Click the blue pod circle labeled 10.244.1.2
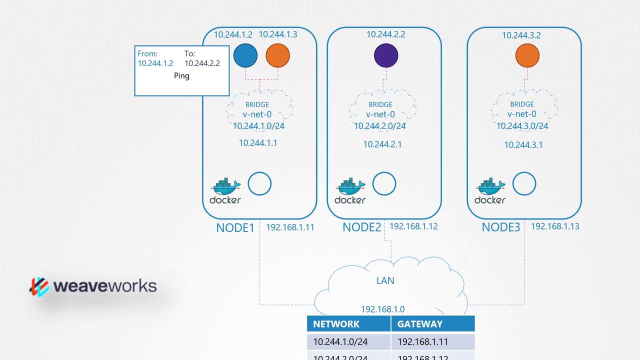click(245, 55)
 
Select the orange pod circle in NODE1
click(278, 55)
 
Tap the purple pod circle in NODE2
click(386, 55)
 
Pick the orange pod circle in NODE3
click(527, 55)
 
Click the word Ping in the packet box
click(181, 76)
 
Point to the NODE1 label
click(235, 228)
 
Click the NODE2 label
click(361, 227)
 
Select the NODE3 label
click(501, 227)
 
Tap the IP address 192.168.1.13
click(555, 226)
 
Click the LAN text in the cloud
click(385, 280)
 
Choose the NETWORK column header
click(336, 324)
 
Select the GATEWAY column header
click(419, 324)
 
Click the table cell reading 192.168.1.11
click(422, 342)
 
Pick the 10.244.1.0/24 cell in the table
click(340, 342)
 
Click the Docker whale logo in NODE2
click(350, 187)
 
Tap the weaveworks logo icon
click(39, 286)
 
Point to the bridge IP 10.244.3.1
click(523, 145)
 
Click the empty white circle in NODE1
click(259, 184)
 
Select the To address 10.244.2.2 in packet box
click(202, 63)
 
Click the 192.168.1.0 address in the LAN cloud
click(383, 309)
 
